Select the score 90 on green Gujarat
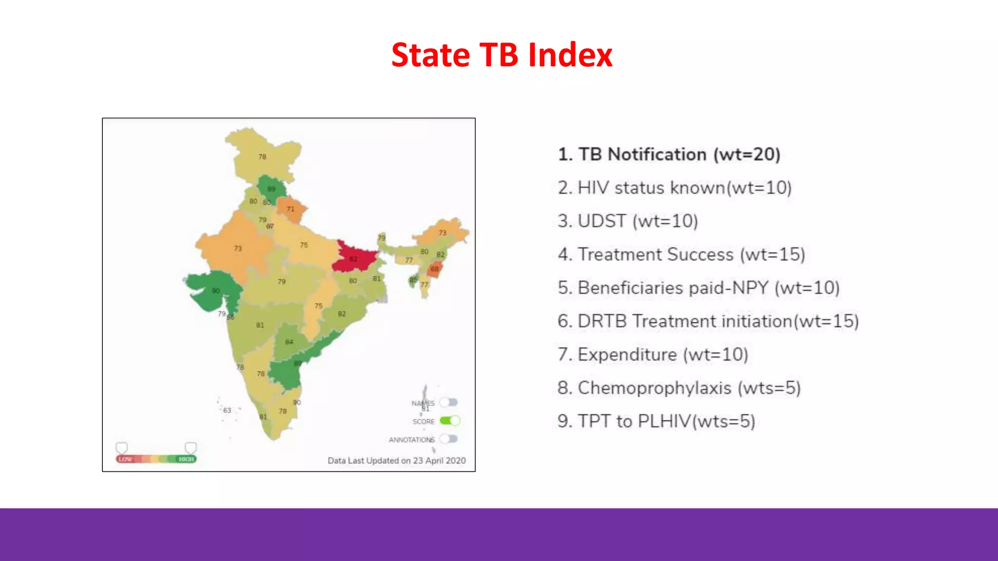click(x=216, y=291)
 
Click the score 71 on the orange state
click(x=290, y=209)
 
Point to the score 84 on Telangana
click(x=289, y=342)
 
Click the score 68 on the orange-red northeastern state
click(x=435, y=269)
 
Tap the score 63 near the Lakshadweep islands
click(x=227, y=410)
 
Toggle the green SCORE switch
click(x=449, y=421)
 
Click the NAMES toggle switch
click(x=449, y=402)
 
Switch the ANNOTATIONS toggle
click(x=449, y=439)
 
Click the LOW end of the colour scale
click(x=125, y=459)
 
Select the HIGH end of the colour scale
click(x=186, y=459)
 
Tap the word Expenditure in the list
click(x=627, y=355)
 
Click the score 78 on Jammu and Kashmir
click(x=263, y=157)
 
